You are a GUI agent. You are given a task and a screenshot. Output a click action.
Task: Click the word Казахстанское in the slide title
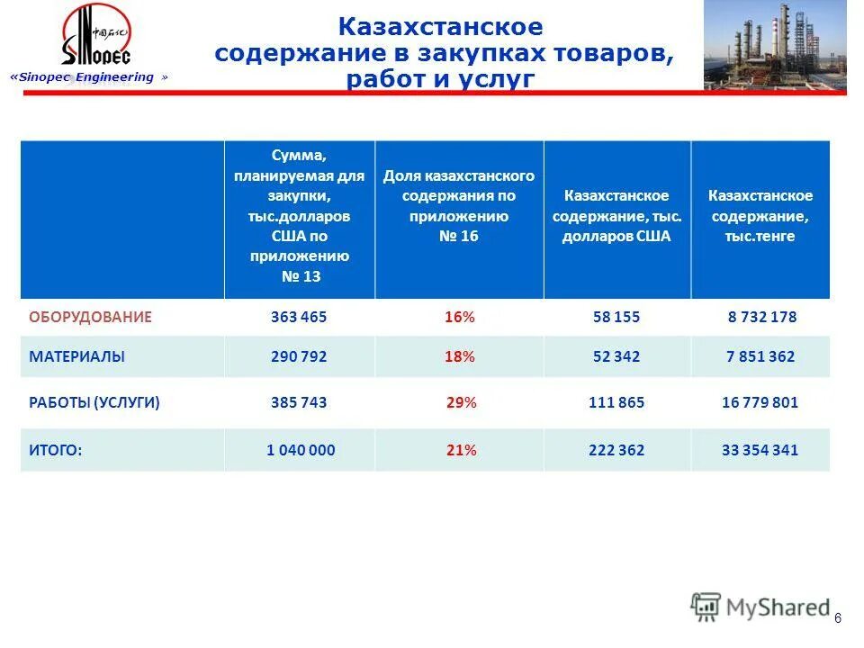point(440,28)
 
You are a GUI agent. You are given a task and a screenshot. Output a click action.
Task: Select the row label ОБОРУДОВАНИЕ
point(90,317)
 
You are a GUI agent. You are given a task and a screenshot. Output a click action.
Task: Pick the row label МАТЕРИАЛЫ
point(76,356)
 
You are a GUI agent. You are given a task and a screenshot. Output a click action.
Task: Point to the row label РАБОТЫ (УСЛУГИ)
point(94,403)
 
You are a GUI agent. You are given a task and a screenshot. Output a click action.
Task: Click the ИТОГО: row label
point(55,450)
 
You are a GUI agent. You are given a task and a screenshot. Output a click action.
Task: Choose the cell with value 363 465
point(299,317)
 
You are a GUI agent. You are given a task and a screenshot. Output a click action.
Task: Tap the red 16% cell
point(459,317)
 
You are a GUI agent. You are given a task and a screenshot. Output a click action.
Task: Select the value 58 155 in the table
point(616,317)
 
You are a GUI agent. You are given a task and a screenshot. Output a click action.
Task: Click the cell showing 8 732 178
point(762,317)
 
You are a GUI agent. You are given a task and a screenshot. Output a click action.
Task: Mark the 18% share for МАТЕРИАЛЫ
point(459,356)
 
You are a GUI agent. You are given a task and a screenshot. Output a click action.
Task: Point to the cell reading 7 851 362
point(760,356)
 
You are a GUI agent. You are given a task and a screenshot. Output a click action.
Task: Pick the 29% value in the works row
point(461,403)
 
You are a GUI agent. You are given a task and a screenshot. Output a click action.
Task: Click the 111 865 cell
point(616,403)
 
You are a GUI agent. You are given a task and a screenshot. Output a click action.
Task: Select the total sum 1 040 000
point(301,450)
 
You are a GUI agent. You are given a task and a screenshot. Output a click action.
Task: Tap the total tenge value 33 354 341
point(760,450)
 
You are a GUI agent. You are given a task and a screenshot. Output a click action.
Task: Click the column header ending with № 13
point(300,219)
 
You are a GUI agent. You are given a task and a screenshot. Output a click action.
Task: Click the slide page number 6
point(838,617)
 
